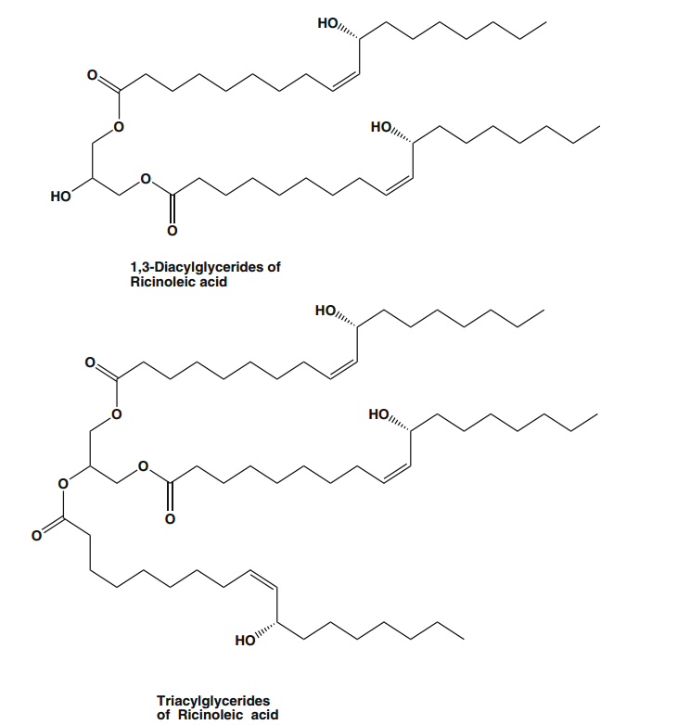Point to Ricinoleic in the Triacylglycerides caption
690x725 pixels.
point(210,715)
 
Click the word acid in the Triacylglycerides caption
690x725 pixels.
point(263,715)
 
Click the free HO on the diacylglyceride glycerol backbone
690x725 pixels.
point(61,197)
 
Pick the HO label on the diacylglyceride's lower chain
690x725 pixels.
point(380,127)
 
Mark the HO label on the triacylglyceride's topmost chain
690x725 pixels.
point(326,312)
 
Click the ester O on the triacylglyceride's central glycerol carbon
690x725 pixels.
point(63,483)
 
